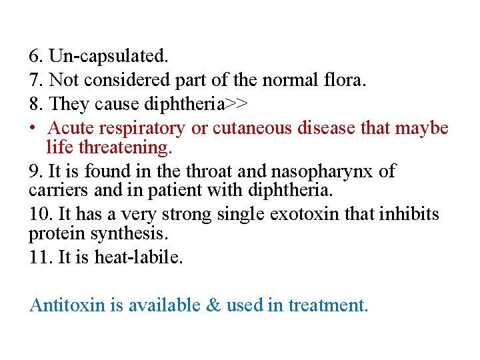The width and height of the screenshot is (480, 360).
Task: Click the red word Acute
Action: click(x=71, y=127)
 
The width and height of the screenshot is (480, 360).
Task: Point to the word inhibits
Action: click(x=406, y=215)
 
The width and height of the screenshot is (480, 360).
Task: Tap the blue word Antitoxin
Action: click(x=68, y=305)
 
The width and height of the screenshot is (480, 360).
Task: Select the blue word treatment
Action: click(x=327, y=306)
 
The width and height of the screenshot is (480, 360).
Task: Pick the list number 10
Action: click(x=39, y=215)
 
